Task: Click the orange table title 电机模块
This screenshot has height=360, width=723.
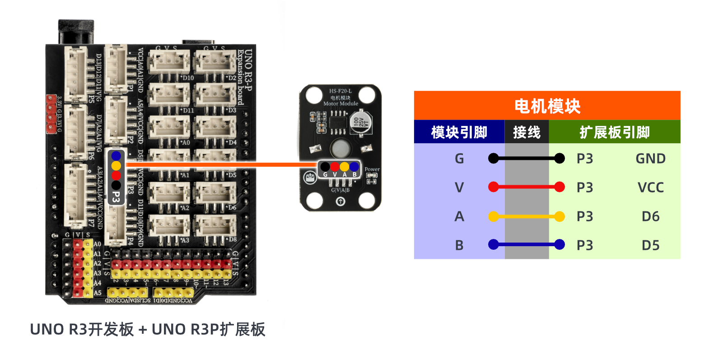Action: coord(547,106)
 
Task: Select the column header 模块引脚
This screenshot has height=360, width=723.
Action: coord(459,132)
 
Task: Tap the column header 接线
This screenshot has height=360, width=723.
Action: coord(527,132)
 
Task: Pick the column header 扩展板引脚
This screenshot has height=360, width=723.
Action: coord(615,132)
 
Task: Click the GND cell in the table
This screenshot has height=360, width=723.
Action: coord(650,159)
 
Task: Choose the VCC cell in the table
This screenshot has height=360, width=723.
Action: coord(650,187)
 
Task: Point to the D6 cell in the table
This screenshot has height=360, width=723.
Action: coord(650,216)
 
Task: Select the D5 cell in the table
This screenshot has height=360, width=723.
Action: coord(650,245)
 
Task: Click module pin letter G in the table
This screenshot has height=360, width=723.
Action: coord(459,159)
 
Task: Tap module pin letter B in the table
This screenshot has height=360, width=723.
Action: coord(459,245)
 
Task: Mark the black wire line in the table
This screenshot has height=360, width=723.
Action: coord(527,158)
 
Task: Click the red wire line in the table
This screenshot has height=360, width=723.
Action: coord(527,187)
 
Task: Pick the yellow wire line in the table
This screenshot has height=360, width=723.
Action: coord(527,217)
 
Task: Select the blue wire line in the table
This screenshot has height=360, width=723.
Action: coord(527,244)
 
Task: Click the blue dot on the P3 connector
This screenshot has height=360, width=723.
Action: coord(116,156)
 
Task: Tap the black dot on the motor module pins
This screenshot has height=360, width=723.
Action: coord(325,167)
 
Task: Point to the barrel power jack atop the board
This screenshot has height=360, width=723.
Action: coord(76,32)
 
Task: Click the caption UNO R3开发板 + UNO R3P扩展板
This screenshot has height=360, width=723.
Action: coord(148,330)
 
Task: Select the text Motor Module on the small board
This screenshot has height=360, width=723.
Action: coord(341,103)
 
